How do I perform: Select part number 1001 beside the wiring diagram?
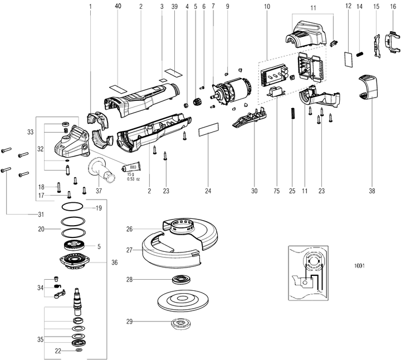point(359,266)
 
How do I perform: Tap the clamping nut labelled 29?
point(179,322)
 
